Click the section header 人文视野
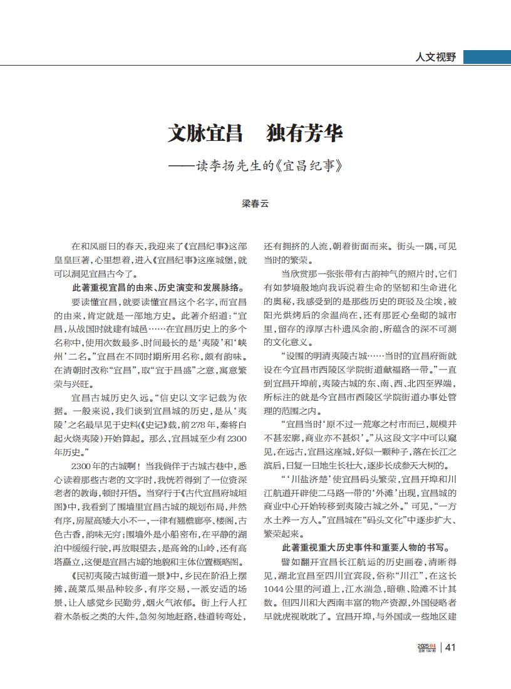point(436,57)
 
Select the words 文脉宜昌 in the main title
point(205,133)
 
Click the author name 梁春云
point(255,204)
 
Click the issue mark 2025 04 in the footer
point(427,646)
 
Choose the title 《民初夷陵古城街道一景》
point(117,575)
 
